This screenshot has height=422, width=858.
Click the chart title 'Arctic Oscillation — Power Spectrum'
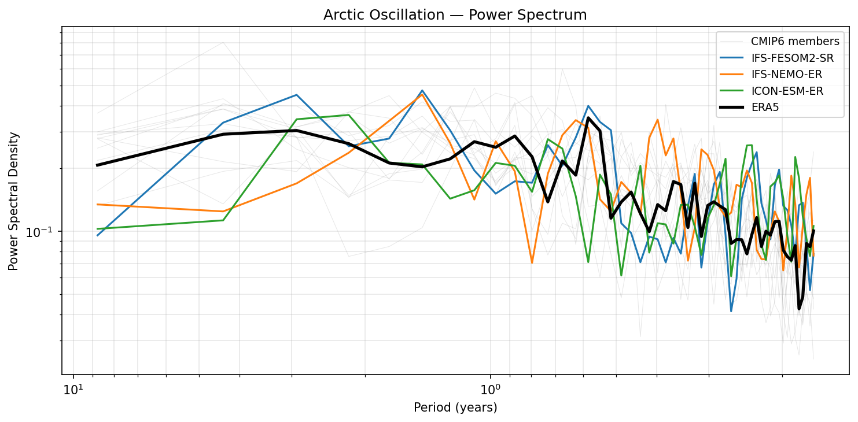pyautogui.click(x=455, y=15)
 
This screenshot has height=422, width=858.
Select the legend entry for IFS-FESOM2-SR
pyautogui.click(x=792, y=58)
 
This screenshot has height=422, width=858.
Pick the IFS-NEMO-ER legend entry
pyautogui.click(x=786, y=74)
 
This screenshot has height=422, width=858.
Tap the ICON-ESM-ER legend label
pyautogui.click(x=787, y=91)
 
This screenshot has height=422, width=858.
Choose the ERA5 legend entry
pyautogui.click(x=765, y=108)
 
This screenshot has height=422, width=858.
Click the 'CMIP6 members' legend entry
pyautogui.click(x=794, y=41)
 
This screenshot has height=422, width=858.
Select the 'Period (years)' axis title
pyautogui.click(x=455, y=408)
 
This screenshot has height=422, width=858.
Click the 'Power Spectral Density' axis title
pyautogui.click(x=14, y=201)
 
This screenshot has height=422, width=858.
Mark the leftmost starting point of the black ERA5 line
pyautogui.click(x=97, y=165)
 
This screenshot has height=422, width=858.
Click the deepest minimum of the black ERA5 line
pyautogui.click(x=799, y=309)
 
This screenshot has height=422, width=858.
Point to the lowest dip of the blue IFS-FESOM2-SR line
pyautogui.click(x=731, y=311)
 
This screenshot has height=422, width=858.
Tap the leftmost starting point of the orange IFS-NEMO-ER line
pyautogui.click(x=97, y=204)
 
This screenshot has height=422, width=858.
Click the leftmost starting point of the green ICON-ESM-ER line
pyautogui.click(x=97, y=229)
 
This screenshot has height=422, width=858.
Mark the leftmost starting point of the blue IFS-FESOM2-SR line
pyautogui.click(x=97, y=235)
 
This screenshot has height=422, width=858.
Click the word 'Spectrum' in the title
pyautogui.click(x=559, y=15)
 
